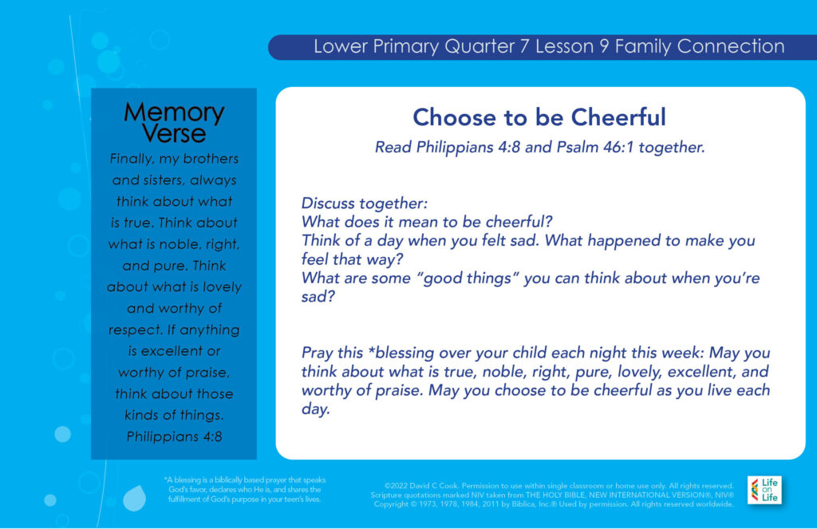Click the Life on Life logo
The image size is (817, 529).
[x=764, y=489]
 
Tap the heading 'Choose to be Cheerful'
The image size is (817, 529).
[x=539, y=117]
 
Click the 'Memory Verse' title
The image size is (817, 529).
[x=174, y=123]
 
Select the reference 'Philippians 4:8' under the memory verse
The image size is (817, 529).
[x=174, y=436]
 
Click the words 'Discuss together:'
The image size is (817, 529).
[x=364, y=203]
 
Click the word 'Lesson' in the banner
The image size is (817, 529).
[x=564, y=46]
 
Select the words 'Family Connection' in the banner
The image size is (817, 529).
[x=700, y=46]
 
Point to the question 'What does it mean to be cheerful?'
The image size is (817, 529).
[x=427, y=222]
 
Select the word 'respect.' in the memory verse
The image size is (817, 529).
[x=135, y=330]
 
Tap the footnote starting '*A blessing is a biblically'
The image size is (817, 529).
[x=244, y=489]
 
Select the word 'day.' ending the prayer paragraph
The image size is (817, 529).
[x=316, y=409]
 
